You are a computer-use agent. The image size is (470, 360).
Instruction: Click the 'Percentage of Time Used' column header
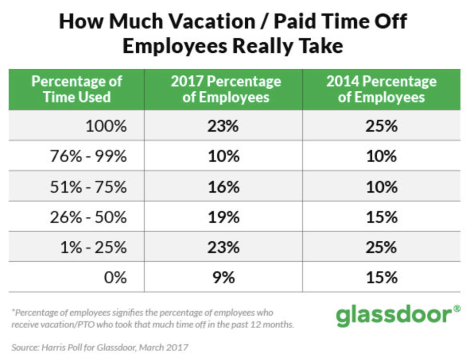[77, 89]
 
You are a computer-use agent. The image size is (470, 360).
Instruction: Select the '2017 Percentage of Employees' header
[226, 89]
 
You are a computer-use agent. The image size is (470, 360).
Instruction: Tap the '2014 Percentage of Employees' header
[381, 89]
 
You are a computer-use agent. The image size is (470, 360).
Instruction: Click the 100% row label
[106, 126]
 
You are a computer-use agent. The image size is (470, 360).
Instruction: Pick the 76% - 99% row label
[89, 156]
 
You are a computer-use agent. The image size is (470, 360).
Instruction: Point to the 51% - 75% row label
[89, 187]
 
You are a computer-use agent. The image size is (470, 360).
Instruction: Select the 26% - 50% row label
[89, 217]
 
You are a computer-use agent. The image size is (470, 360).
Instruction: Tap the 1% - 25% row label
[94, 247]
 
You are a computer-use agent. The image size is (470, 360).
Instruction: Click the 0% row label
[115, 277]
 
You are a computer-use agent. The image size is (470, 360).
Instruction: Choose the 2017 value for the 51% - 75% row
[224, 187]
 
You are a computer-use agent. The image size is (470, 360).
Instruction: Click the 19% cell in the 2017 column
[224, 217]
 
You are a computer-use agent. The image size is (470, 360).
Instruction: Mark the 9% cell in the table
[224, 277]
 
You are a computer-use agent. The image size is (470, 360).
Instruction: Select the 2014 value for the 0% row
[381, 277]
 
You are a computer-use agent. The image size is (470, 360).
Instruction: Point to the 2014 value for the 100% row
[381, 126]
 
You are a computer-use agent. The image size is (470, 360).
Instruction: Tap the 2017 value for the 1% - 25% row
[224, 247]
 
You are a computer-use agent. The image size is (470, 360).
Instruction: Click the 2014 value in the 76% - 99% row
[381, 156]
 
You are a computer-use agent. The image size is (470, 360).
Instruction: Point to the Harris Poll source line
[100, 348]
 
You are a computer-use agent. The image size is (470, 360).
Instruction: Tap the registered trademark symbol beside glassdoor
[457, 309]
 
